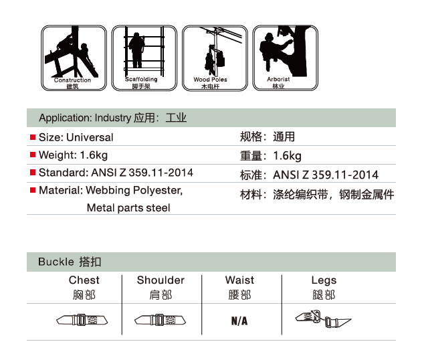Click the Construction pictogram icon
point(74,58)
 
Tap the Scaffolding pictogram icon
point(144,58)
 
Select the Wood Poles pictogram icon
point(215,58)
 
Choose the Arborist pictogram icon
point(286,58)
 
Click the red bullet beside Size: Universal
point(33,137)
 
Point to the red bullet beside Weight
point(33,155)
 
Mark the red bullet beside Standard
point(33,173)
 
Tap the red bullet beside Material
point(33,190)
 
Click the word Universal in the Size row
point(90,137)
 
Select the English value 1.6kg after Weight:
point(94,155)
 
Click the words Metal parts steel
point(128,208)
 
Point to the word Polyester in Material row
point(158,191)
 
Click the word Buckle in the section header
point(56,262)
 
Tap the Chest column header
point(84,280)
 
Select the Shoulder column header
point(161,280)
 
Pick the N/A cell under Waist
point(239,321)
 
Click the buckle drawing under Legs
point(323,319)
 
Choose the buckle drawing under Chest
point(82,320)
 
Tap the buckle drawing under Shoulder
point(160,320)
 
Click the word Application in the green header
point(66,118)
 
